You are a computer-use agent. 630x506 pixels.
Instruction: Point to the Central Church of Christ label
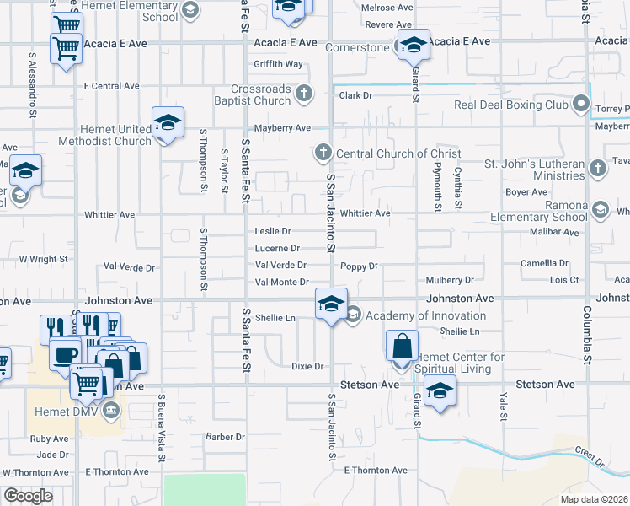point(398,153)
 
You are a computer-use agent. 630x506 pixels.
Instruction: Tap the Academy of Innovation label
point(425,315)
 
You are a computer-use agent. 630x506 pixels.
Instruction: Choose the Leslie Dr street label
point(273,231)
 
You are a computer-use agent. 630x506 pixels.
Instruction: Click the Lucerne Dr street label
point(277,249)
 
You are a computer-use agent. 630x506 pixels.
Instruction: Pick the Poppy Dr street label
point(360,266)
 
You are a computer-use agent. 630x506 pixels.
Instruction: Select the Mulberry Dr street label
point(450,279)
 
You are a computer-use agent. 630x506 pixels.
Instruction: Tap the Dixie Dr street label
point(307,367)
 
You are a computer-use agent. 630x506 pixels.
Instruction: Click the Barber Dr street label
point(225,437)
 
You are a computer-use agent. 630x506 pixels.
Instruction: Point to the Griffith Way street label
point(279,64)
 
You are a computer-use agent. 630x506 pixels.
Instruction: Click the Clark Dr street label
point(355,95)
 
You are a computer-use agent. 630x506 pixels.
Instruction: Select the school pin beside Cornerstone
point(413,45)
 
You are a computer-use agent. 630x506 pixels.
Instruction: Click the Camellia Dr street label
point(548,263)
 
